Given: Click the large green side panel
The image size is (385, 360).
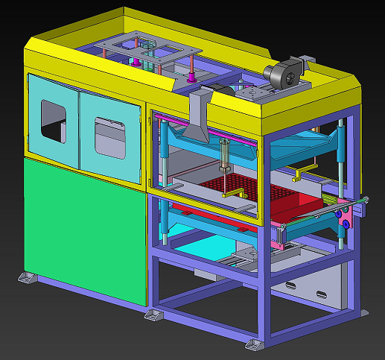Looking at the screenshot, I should pyautogui.click(x=82, y=231).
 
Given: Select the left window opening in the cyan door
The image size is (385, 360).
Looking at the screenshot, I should pyautogui.click(x=54, y=121).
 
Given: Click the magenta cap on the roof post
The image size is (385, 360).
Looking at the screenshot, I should pyautogui.click(x=192, y=75).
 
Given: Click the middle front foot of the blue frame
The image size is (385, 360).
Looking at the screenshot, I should pyautogui.click(x=153, y=316).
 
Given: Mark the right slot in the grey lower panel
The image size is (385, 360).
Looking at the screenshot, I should pyautogui.click(x=322, y=294).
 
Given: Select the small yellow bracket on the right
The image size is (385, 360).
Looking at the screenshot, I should pyautogui.click(x=299, y=174).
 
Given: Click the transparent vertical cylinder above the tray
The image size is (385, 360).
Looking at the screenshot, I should pyautogui.click(x=223, y=157).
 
